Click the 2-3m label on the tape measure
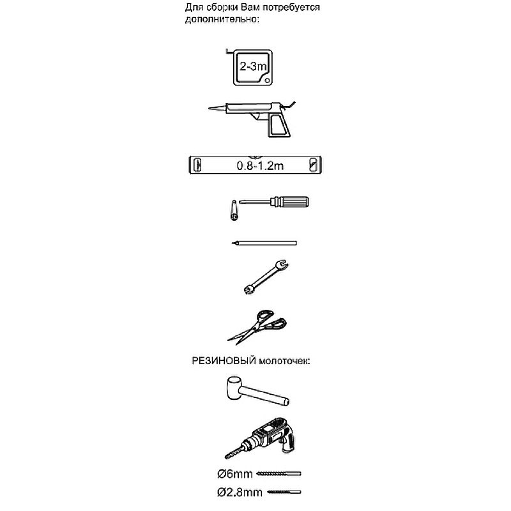[x=253, y=66]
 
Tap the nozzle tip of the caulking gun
[x=210, y=109]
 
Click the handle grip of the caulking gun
[x=278, y=125]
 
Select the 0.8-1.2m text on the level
[x=260, y=166]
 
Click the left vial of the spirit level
[x=197, y=165]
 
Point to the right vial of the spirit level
[x=312, y=165]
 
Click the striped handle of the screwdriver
[x=292, y=202]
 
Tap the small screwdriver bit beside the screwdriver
[x=234, y=211]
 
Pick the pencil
[x=264, y=243]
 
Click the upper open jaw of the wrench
[x=282, y=265]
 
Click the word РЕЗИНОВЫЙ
[x=224, y=361]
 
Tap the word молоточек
[x=284, y=362]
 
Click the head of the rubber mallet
[x=233, y=388]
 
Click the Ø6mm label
[x=235, y=473]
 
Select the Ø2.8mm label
[x=240, y=492]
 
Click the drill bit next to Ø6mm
[x=278, y=473]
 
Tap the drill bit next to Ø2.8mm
[x=284, y=492]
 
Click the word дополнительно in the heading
[x=222, y=19]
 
